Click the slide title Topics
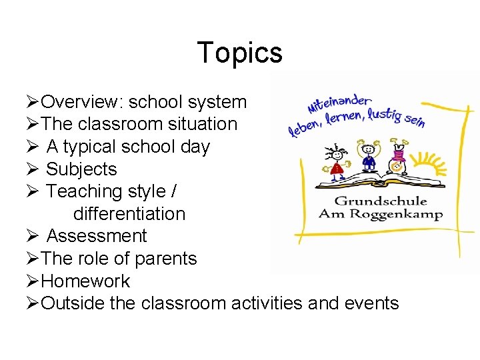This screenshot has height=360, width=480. tap(240, 53)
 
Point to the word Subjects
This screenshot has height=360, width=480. tap(81, 169)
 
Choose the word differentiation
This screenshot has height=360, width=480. tap(129, 214)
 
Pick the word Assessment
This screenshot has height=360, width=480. tap(97, 236)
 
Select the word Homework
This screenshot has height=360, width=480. tap(85, 281)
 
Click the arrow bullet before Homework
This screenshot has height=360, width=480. tap(34, 281)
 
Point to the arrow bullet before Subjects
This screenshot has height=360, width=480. tap(34, 169)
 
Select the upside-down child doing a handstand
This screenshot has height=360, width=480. tap(399, 155)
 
